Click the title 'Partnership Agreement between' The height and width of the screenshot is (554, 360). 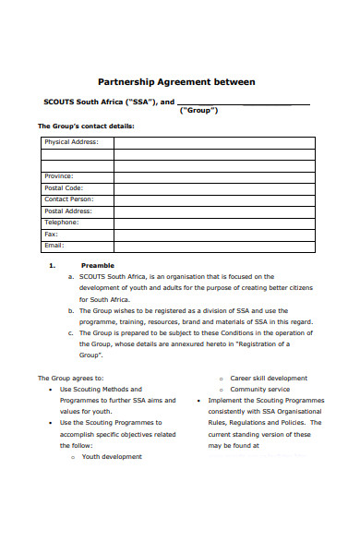(x=176, y=82)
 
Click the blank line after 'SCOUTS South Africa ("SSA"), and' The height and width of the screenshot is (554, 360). (x=242, y=102)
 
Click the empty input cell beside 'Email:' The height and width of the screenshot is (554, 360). (x=214, y=245)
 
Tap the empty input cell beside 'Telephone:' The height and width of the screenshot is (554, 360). (x=214, y=222)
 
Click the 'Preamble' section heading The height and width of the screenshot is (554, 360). (x=98, y=265)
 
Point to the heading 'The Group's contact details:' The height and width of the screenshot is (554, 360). (x=85, y=126)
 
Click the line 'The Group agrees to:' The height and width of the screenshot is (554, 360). (x=70, y=378)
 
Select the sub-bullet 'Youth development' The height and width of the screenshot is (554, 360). (x=112, y=456)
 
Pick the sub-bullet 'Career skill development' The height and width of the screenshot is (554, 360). (x=269, y=378)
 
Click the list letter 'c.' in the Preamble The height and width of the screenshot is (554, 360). (x=71, y=332)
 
